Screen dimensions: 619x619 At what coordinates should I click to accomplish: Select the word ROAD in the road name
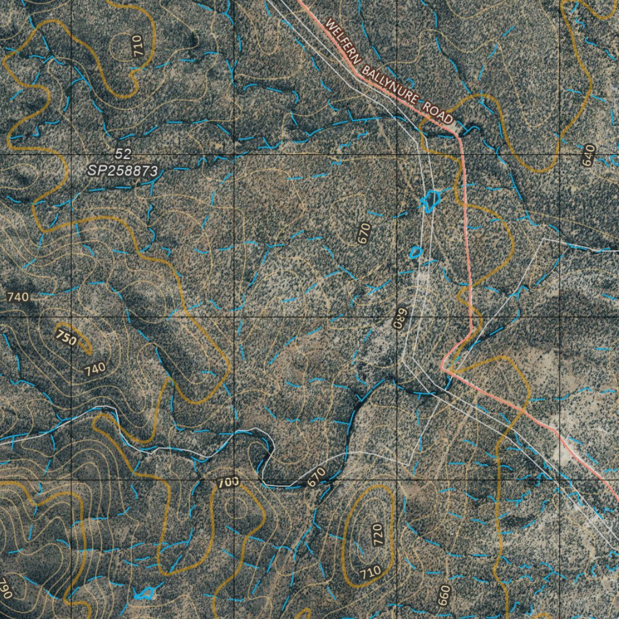(x=438, y=112)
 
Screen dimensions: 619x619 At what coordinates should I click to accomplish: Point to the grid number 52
(x=123, y=155)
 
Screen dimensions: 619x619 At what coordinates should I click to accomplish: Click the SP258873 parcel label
(x=123, y=171)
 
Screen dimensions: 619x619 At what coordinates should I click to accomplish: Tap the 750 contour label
(x=66, y=337)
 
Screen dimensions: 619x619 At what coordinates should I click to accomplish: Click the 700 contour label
(x=228, y=482)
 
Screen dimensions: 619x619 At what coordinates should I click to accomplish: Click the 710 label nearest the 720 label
(x=370, y=571)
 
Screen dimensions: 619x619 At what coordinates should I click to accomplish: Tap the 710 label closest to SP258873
(x=138, y=46)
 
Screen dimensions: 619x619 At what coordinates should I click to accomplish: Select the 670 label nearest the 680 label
(x=364, y=233)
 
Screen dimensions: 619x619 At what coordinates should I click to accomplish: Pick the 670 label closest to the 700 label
(x=316, y=478)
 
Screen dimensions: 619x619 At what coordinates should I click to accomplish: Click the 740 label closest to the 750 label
(x=96, y=368)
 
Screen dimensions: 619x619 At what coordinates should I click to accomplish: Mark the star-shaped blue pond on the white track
(x=430, y=201)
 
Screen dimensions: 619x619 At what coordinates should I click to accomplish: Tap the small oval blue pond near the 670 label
(x=415, y=252)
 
